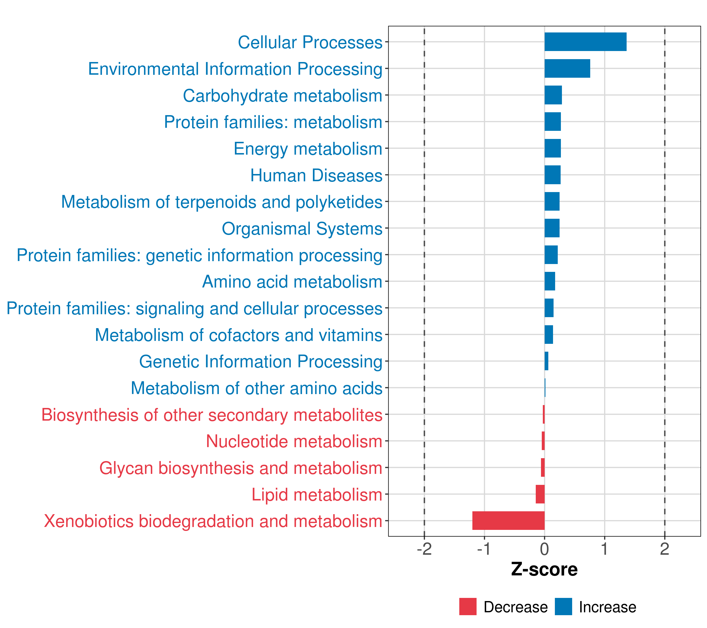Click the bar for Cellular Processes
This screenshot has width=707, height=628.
coord(585,42)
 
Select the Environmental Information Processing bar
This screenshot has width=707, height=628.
coord(567,69)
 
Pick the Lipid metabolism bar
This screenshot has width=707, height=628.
coord(540,494)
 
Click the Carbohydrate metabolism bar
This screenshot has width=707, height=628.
coord(553,95)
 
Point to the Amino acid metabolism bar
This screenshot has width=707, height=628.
coord(550,281)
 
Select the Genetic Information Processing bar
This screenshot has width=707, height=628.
coord(546,361)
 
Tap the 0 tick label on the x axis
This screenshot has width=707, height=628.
coord(544,549)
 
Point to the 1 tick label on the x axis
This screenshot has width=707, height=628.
coord(604,549)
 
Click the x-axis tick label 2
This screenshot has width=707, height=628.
coord(665,549)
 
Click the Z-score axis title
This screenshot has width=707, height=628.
coord(544,570)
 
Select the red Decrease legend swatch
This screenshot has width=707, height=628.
coord(468,607)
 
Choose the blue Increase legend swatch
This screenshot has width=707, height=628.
coord(563,607)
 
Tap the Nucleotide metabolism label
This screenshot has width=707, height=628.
coord(294,441)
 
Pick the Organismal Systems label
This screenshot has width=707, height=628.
coord(302,228)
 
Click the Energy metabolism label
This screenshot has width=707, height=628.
coord(308,149)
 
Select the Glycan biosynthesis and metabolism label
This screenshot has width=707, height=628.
coord(241,468)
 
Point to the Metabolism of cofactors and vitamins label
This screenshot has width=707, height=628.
coord(239,335)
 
